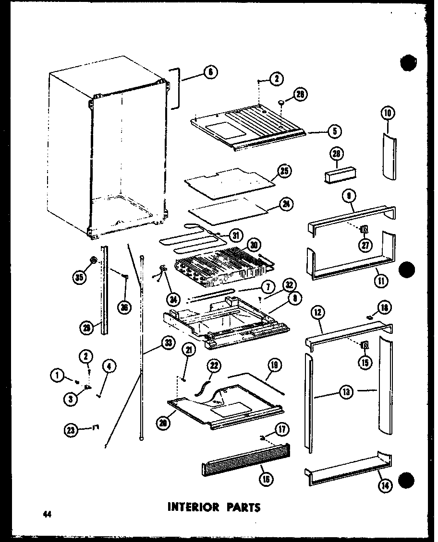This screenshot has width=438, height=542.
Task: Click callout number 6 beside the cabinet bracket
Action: [210, 72]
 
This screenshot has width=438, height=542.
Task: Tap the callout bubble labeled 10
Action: [388, 113]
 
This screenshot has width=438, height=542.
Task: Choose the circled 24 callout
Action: [287, 204]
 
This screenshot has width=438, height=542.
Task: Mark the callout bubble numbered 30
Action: [255, 246]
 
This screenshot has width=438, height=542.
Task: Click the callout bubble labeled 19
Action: [276, 366]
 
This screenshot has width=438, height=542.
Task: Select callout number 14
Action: [385, 485]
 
